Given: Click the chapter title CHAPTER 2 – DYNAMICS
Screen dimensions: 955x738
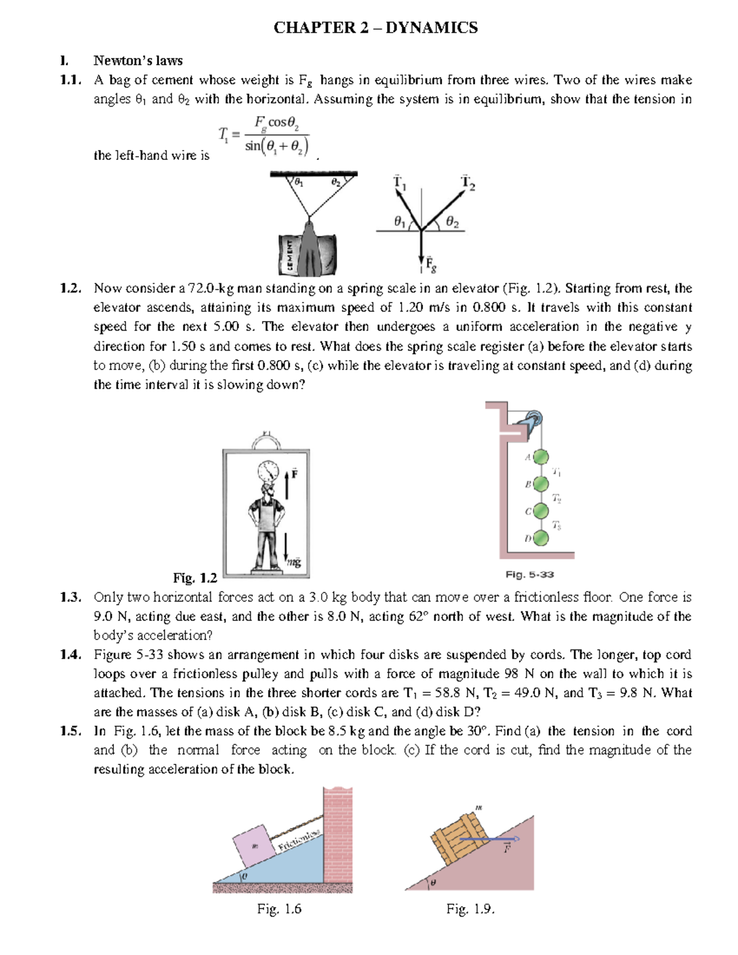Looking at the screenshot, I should [375, 28].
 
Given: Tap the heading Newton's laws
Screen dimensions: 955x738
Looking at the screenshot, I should [138, 60].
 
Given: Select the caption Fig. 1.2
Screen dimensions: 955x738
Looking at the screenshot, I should [195, 578].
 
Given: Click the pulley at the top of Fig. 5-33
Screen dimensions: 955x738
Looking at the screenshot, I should [533, 422].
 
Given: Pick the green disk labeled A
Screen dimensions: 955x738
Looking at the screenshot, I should [541, 458].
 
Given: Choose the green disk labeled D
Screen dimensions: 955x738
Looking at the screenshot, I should [541, 539].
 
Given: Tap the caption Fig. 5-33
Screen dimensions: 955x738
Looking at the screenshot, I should [530, 574].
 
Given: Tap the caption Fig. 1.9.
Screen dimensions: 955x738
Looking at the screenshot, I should [470, 909].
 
